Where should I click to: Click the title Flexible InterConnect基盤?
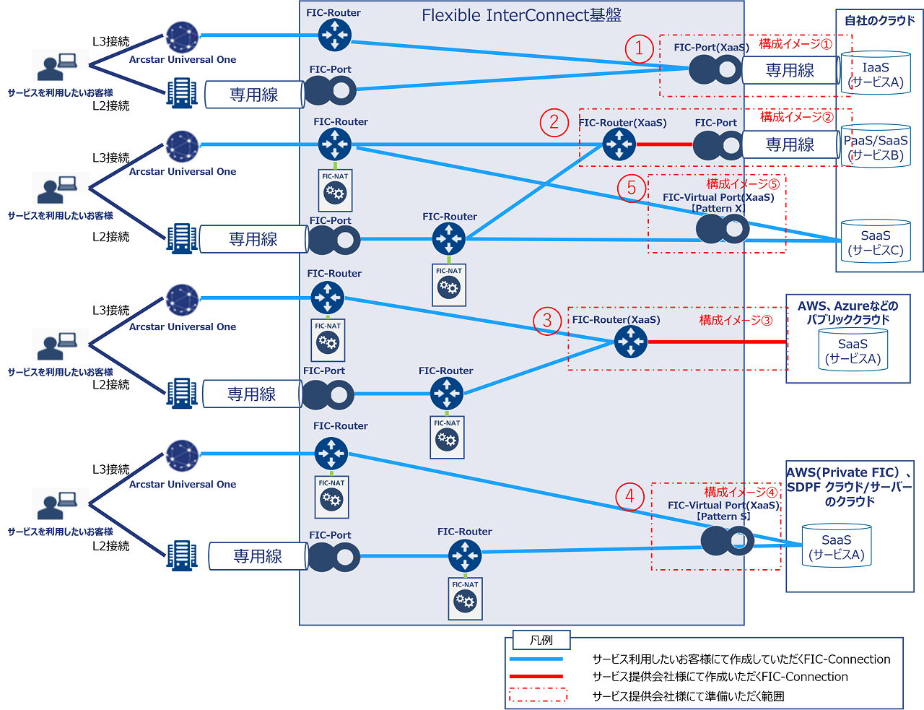pos(521,15)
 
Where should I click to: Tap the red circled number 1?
pos(639,48)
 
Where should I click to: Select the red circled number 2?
pos(554,122)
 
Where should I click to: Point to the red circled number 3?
pos(547,319)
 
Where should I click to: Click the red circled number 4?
pos(629,496)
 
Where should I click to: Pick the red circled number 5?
pos(631,188)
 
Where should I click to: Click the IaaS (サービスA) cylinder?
pos(876,73)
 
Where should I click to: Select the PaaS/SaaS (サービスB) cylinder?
pos(876,147)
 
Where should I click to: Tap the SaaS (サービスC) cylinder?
pos(876,241)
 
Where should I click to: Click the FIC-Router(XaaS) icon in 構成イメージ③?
pos(631,342)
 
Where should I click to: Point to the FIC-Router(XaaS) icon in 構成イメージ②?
pos(619,144)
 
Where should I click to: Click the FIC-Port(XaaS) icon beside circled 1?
pos(715,70)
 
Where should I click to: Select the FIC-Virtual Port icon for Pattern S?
pos(727,540)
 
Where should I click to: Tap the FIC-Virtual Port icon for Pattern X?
pos(722,230)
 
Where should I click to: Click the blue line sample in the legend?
pos(536,659)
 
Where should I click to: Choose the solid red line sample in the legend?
pos(536,677)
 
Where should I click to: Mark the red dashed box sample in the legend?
pos(538,696)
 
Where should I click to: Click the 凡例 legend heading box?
pos(541,640)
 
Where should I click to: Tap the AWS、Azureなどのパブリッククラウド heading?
pos(848,313)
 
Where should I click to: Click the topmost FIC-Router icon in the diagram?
pos(334,34)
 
